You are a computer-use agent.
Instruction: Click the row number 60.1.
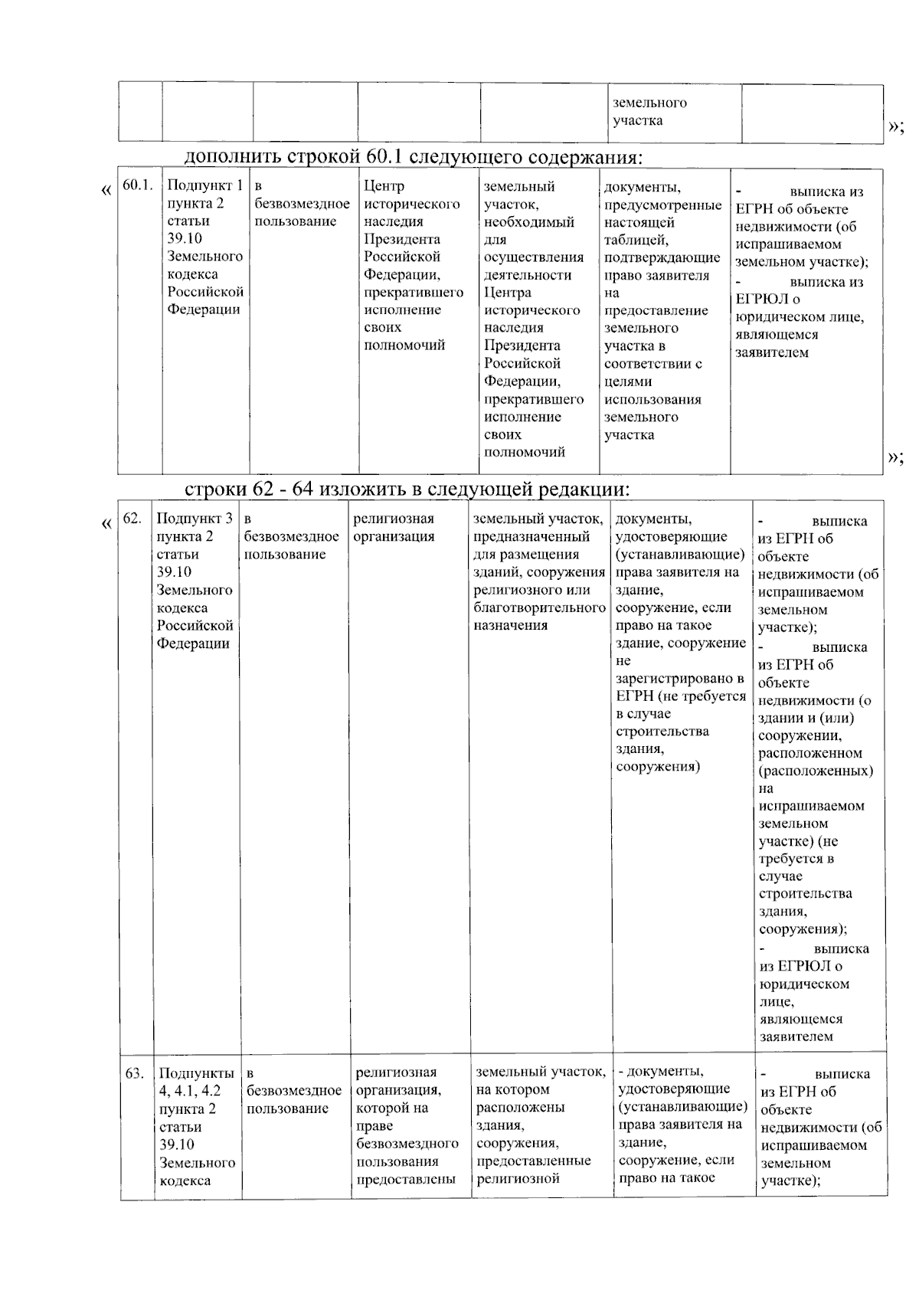click(138, 185)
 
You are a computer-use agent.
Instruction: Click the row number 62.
click(132, 519)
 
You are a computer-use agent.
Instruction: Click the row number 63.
click(135, 1073)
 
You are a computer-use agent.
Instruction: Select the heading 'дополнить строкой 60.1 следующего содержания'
click(413, 157)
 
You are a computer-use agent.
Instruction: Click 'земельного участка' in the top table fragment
click(649, 112)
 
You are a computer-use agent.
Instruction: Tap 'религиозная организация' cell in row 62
click(394, 528)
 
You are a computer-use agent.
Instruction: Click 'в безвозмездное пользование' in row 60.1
click(302, 204)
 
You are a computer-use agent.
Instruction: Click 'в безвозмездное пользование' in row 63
click(294, 1091)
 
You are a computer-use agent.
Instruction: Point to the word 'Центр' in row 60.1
click(384, 186)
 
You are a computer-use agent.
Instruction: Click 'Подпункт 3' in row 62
click(195, 519)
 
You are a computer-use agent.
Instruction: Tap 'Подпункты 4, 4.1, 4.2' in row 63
click(197, 1082)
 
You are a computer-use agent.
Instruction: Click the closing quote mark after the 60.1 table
click(894, 457)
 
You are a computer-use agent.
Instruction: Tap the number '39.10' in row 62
click(174, 572)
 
